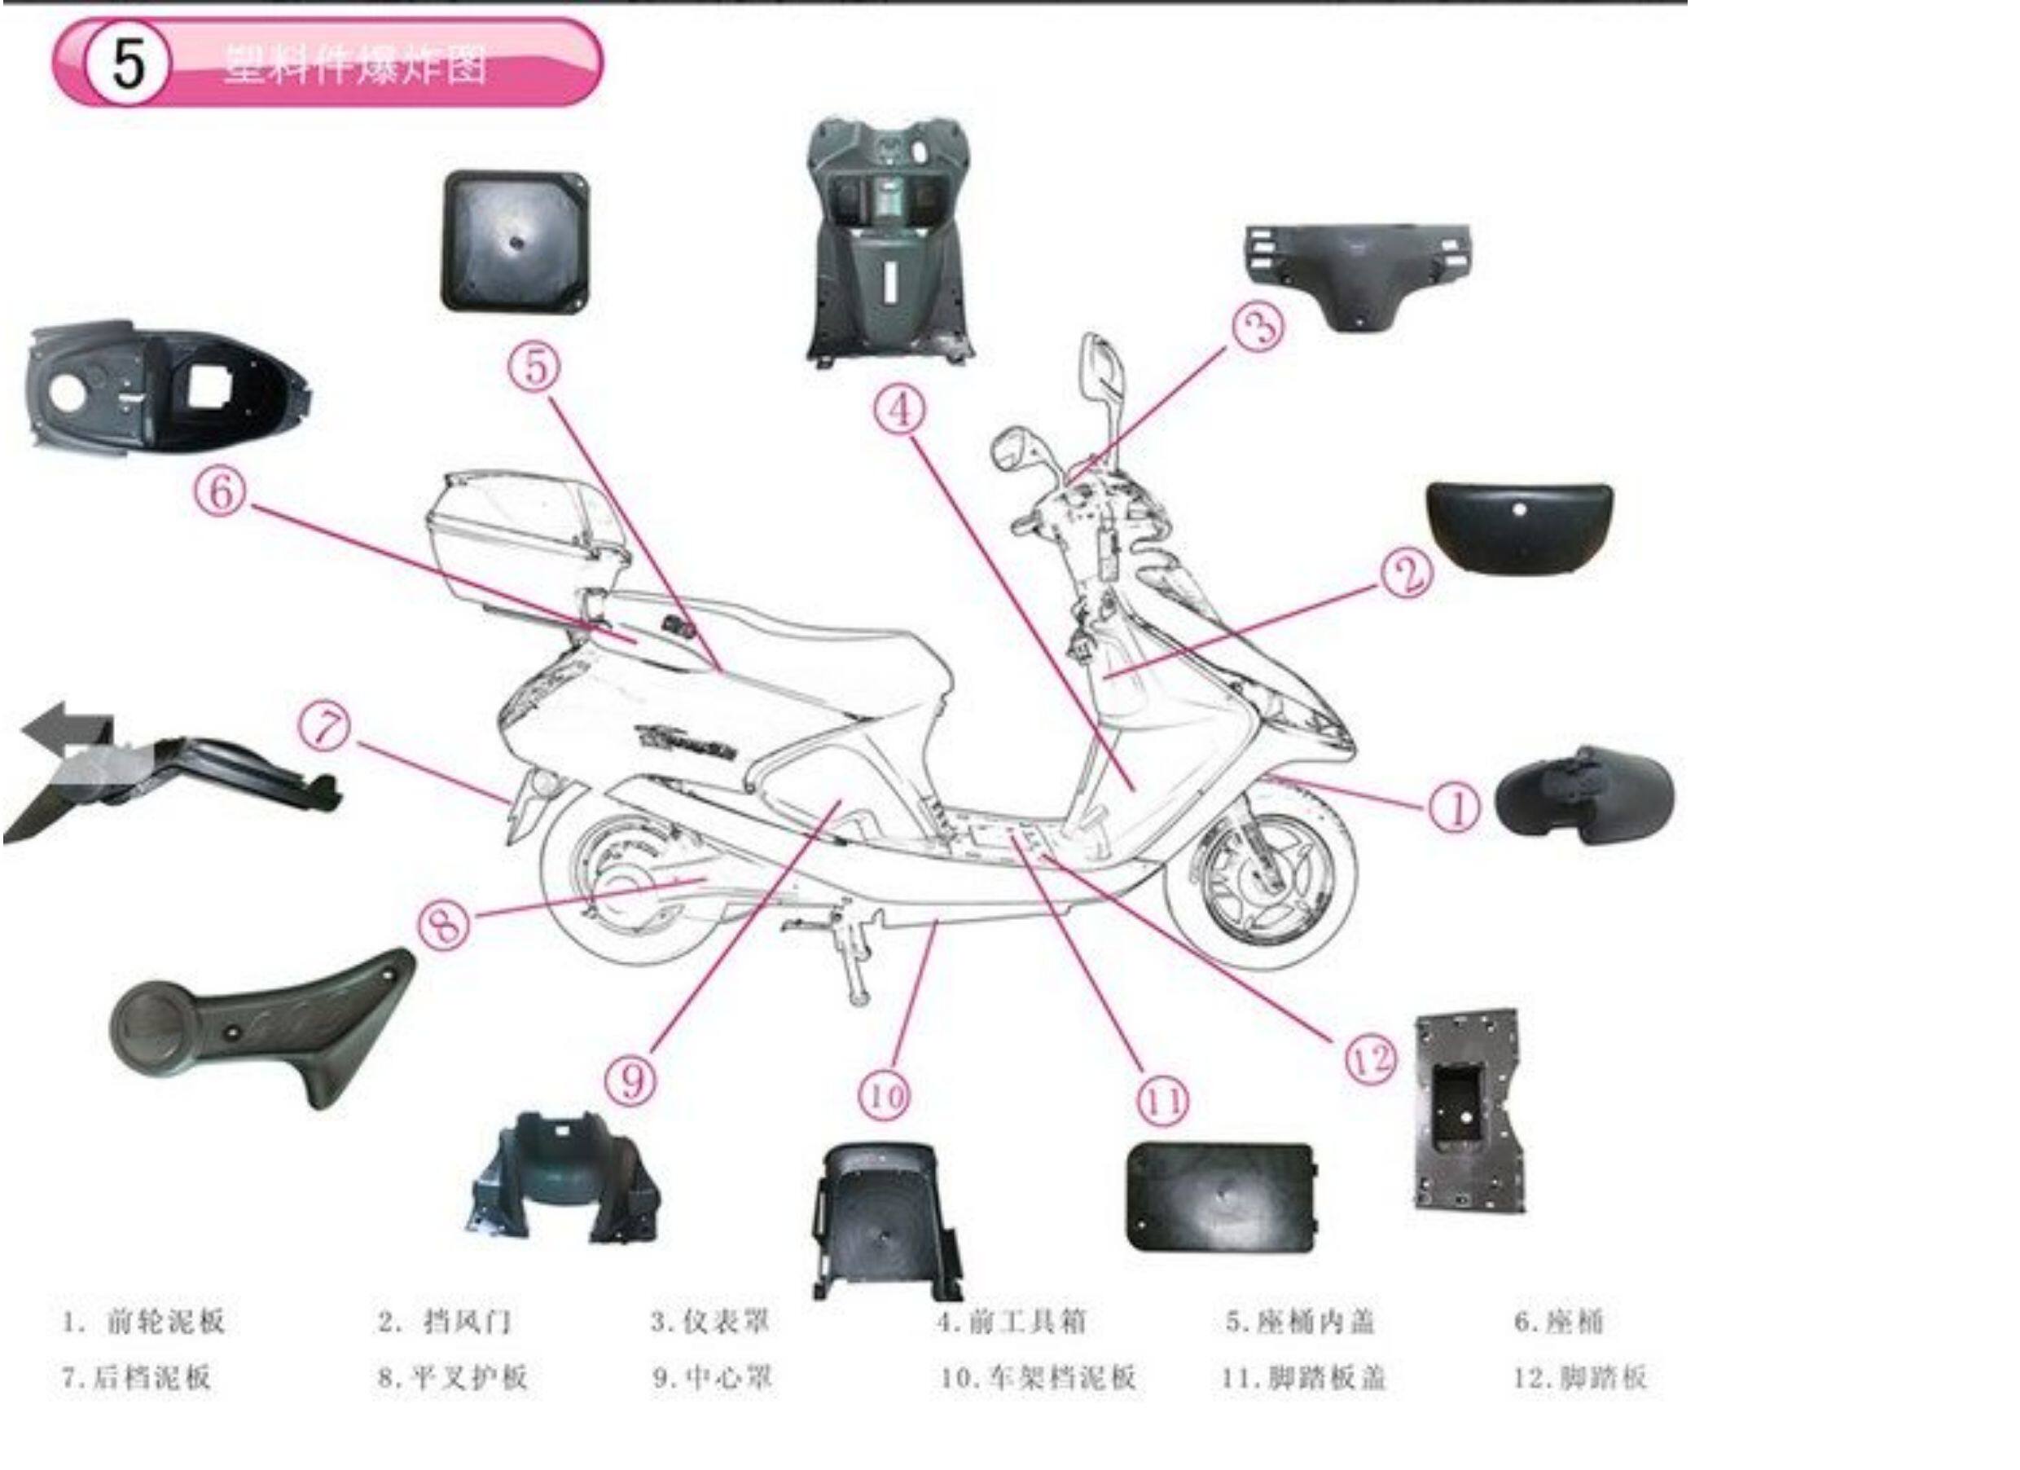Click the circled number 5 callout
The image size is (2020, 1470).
coord(534,366)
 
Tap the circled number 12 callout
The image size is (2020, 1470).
coord(1371,1059)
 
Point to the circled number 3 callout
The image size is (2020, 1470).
coord(1258,327)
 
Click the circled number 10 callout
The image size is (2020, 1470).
coord(885,1094)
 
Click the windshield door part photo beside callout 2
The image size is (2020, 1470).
coord(1519,526)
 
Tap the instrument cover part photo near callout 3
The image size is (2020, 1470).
coord(1357,275)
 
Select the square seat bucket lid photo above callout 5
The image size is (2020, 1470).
coord(516,242)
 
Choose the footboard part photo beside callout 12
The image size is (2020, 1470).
coord(1468,1111)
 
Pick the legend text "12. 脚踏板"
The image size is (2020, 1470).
coord(1580,1378)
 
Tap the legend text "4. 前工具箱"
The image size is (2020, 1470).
coord(1012,1321)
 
